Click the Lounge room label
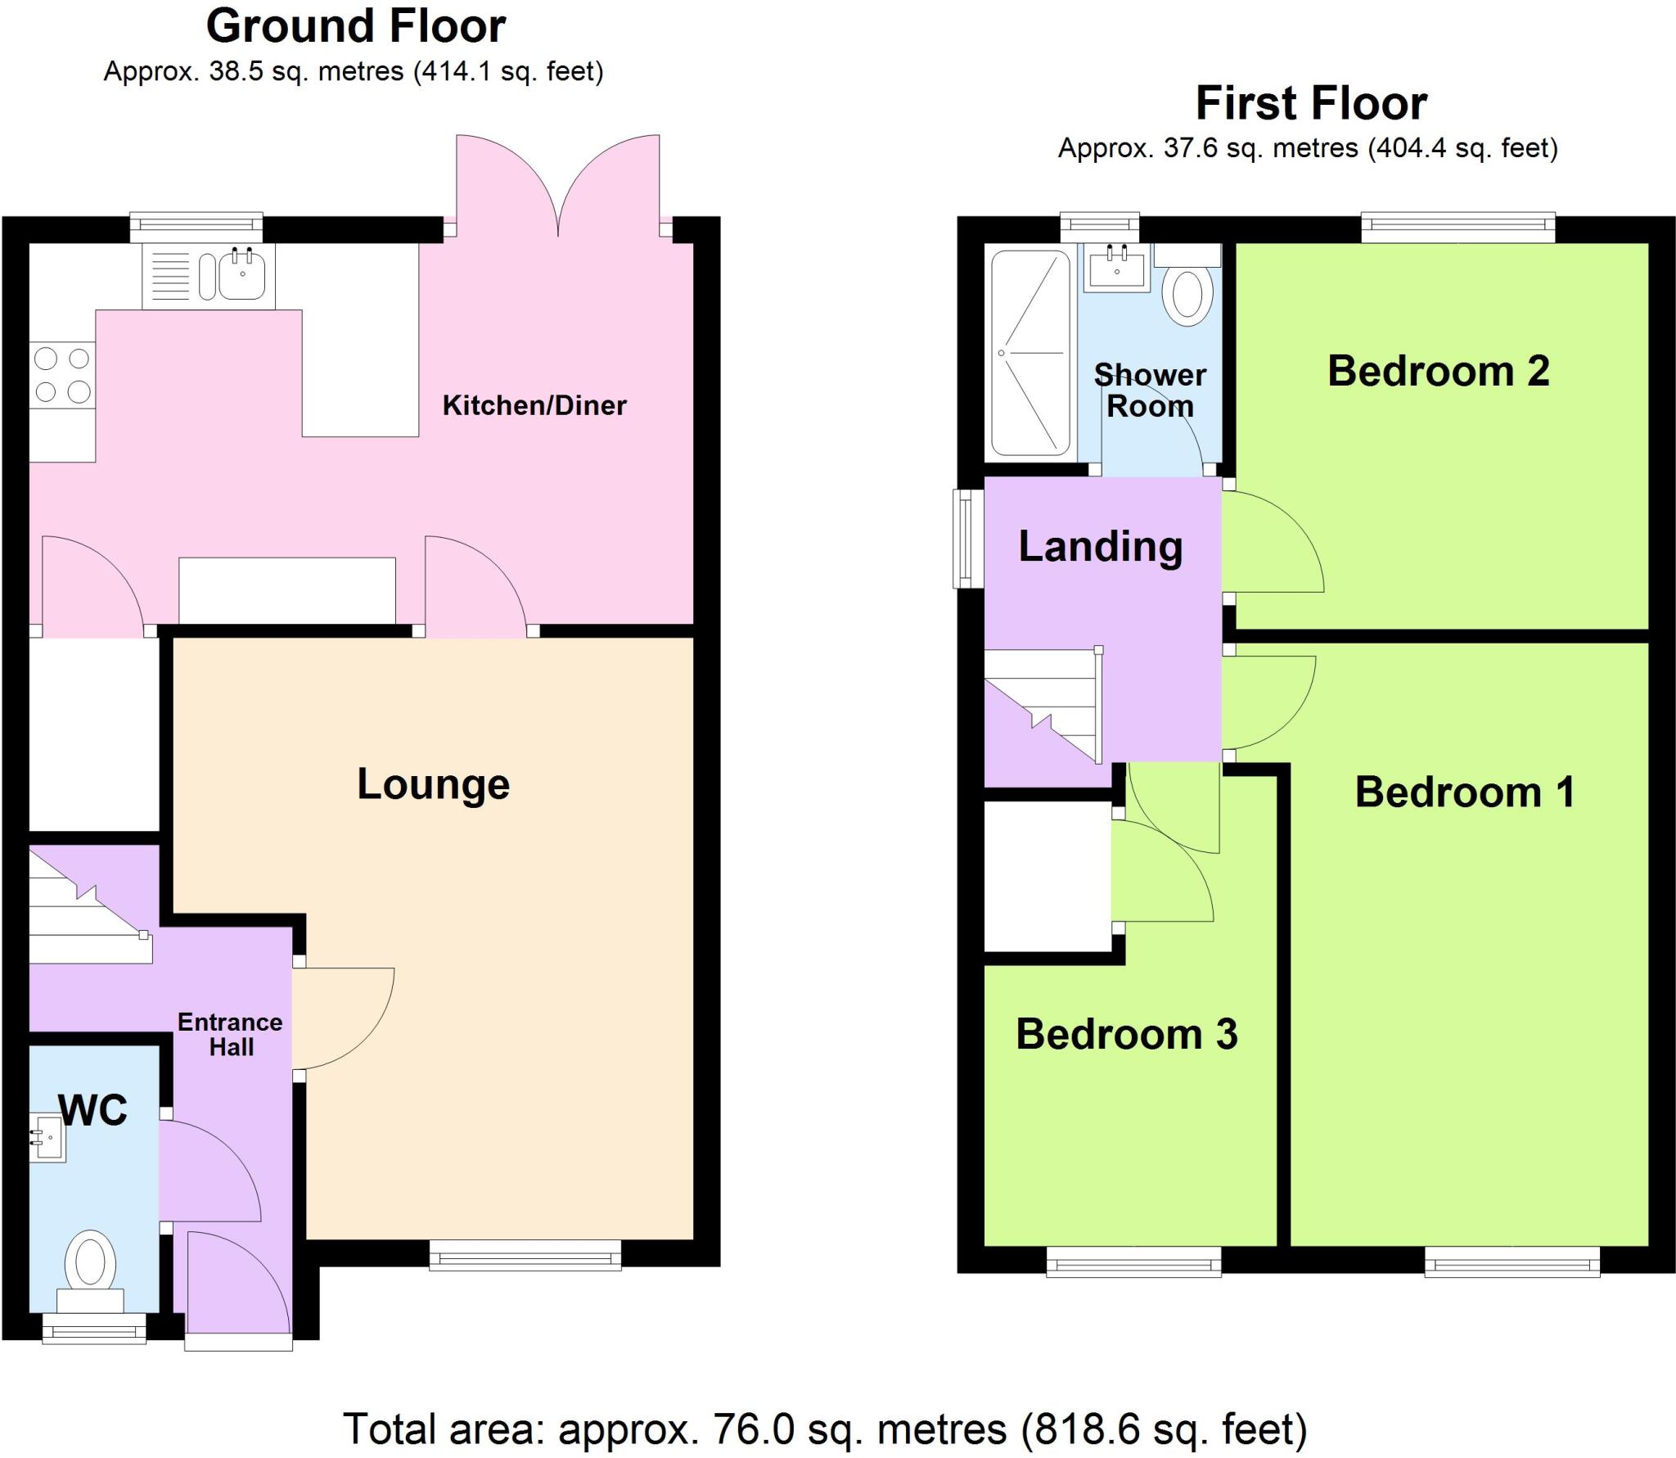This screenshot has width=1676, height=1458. coord(433,784)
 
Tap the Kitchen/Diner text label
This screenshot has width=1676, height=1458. coord(534,405)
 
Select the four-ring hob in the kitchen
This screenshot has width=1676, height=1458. coord(62,376)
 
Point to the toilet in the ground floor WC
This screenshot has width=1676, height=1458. coord(90,1266)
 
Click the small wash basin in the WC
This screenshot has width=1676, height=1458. coord(47,1137)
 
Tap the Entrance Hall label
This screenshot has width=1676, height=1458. coord(230,1034)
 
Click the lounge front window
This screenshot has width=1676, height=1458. coord(525,1253)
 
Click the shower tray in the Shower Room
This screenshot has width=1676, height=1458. coord(1030,353)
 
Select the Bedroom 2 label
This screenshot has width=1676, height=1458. coord(1438,371)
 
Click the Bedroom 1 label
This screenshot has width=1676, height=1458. coord(1464,792)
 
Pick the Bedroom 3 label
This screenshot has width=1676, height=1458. coord(1126,1034)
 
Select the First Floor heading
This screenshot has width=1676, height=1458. coord(1311,104)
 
